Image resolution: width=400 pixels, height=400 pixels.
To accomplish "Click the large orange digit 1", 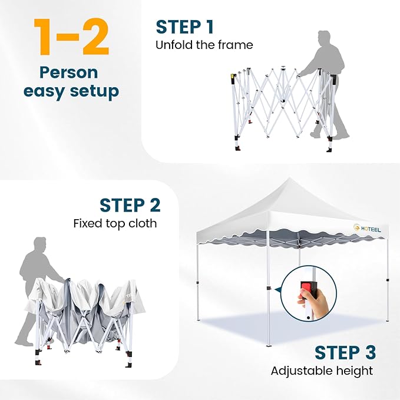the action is click(x=43, y=37).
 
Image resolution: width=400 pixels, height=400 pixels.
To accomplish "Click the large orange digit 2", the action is click(x=95, y=37).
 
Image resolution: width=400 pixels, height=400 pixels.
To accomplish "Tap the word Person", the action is click(x=69, y=72).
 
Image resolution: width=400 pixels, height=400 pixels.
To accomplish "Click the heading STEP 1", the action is click(x=185, y=27).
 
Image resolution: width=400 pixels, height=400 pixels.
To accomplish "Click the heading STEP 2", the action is click(x=130, y=205).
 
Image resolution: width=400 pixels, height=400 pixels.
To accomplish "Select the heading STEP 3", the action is click(x=345, y=352).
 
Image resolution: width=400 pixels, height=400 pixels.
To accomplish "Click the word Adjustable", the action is click(x=299, y=371).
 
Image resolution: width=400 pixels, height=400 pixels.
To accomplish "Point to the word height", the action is click(x=351, y=371).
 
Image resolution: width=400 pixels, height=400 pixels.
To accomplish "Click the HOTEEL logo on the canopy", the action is click(x=367, y=229).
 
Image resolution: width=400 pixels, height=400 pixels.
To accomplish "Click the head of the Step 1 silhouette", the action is click(x=324, y=39).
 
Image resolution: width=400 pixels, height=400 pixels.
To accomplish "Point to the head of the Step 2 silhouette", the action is click(x=40, y=245).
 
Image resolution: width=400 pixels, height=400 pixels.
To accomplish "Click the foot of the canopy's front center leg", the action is click(x=269, y=345).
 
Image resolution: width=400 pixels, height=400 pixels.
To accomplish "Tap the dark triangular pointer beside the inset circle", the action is click(x=278, y=290).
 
